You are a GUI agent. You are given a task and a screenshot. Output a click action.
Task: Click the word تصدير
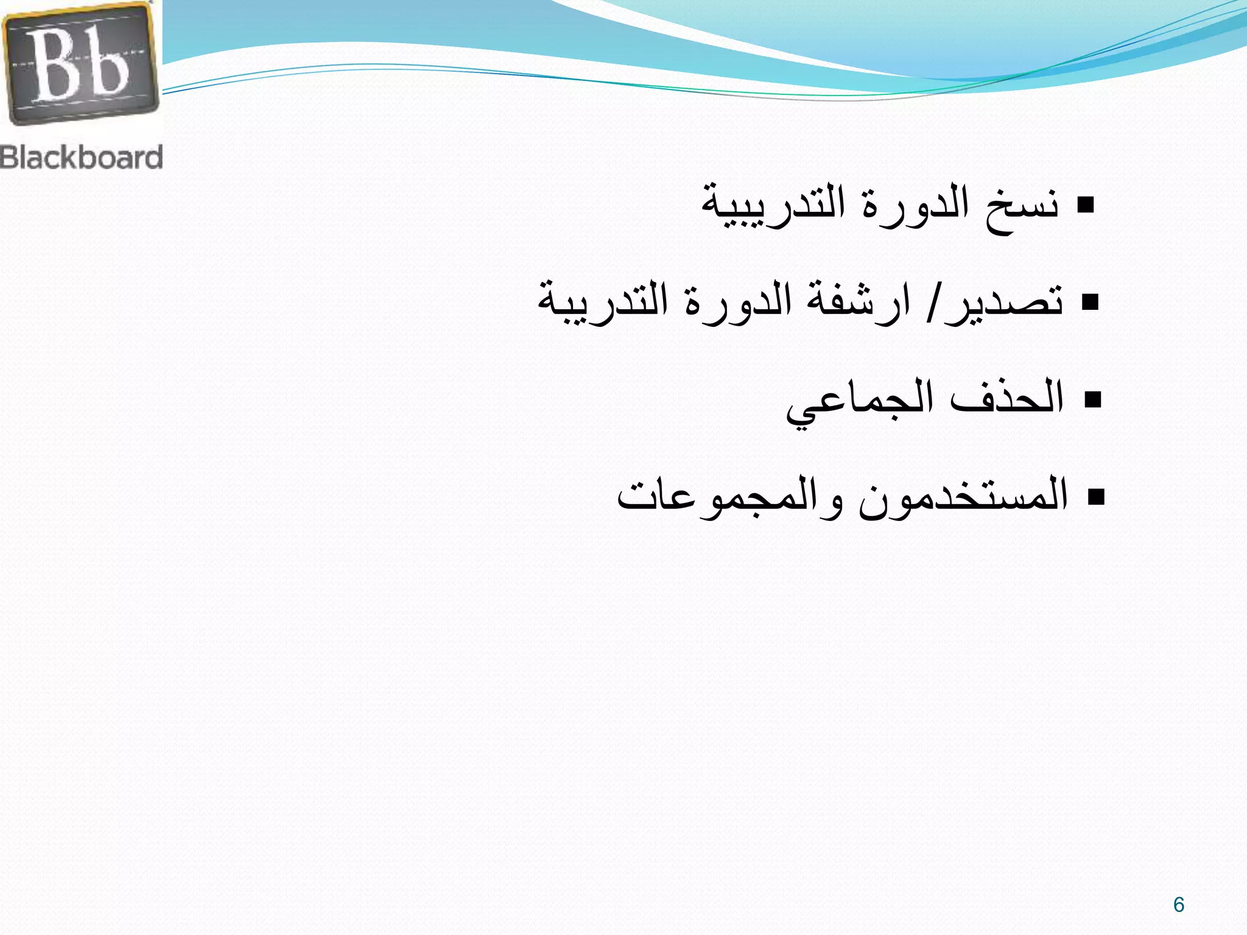[x=999, y=302]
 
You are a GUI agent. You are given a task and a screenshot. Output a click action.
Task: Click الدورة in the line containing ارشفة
[x=739, y=302]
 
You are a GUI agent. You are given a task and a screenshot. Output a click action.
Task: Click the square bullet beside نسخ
[x=1085, y=206]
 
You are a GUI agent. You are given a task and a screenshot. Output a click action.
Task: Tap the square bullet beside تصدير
[x=1090, y=302]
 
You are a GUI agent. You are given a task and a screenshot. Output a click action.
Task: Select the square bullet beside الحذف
[x=1093, y=399]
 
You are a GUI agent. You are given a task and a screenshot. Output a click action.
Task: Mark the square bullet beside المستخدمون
[x=1095, y=497]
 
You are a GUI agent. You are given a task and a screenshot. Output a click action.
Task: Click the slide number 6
[x=1179, y=905]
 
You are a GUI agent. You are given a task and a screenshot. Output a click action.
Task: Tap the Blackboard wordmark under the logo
[x=82, y=157]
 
